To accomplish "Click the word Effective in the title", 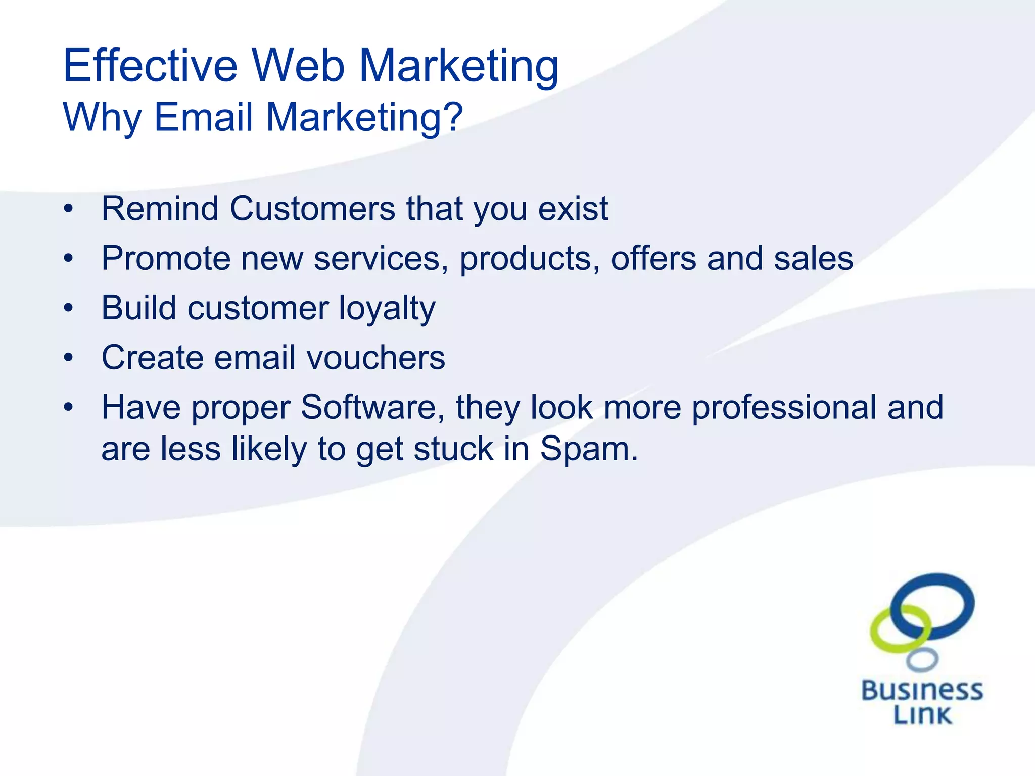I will click(150, 66).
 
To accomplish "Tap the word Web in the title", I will click(298, 66).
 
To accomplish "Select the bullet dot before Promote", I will click(69, 259).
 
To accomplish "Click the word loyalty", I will click(387, 308).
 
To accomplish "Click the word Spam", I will click(588, 449).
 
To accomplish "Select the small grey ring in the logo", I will click(922, 660).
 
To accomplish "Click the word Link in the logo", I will click(922, 715).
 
